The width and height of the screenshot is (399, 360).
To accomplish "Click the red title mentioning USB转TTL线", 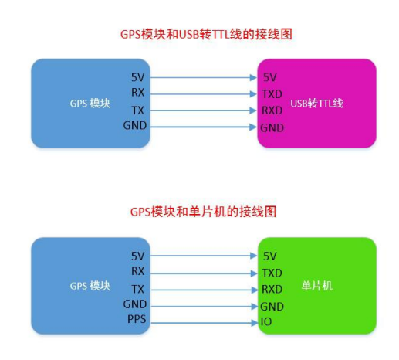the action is (206, 34).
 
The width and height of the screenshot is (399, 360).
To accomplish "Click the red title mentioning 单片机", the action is (203, 212).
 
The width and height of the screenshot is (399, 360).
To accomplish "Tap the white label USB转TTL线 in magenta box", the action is (316, 104).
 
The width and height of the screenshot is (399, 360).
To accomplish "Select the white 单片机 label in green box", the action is (317, 286).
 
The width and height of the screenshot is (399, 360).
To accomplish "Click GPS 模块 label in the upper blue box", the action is (90, 104).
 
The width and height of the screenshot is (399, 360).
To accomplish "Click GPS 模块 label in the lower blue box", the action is (90, 286).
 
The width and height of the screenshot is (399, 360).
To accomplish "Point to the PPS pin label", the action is (137, 319).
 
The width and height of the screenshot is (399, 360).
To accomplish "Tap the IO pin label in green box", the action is (266, 321).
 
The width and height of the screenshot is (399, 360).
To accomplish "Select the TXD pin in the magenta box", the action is (272, 94).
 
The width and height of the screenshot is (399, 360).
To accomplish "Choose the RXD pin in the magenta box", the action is (272, 110).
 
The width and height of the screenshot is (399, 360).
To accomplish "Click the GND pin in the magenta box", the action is (272, 127).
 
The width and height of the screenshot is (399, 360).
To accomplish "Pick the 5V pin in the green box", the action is (269, 256).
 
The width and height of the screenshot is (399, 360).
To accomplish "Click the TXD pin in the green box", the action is (272, 273).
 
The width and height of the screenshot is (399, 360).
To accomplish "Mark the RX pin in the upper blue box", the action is (138, 93).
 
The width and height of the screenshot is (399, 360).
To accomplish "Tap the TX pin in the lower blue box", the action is (138, 289).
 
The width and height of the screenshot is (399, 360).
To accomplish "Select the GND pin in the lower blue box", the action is (135, 304).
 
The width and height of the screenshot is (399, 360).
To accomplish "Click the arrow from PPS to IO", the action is (205, 323).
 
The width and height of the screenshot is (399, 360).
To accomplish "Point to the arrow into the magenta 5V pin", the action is (203, 77).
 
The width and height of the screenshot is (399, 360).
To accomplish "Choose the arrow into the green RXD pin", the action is (205, 290).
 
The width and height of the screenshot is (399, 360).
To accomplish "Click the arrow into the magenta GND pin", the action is (204, 127).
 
